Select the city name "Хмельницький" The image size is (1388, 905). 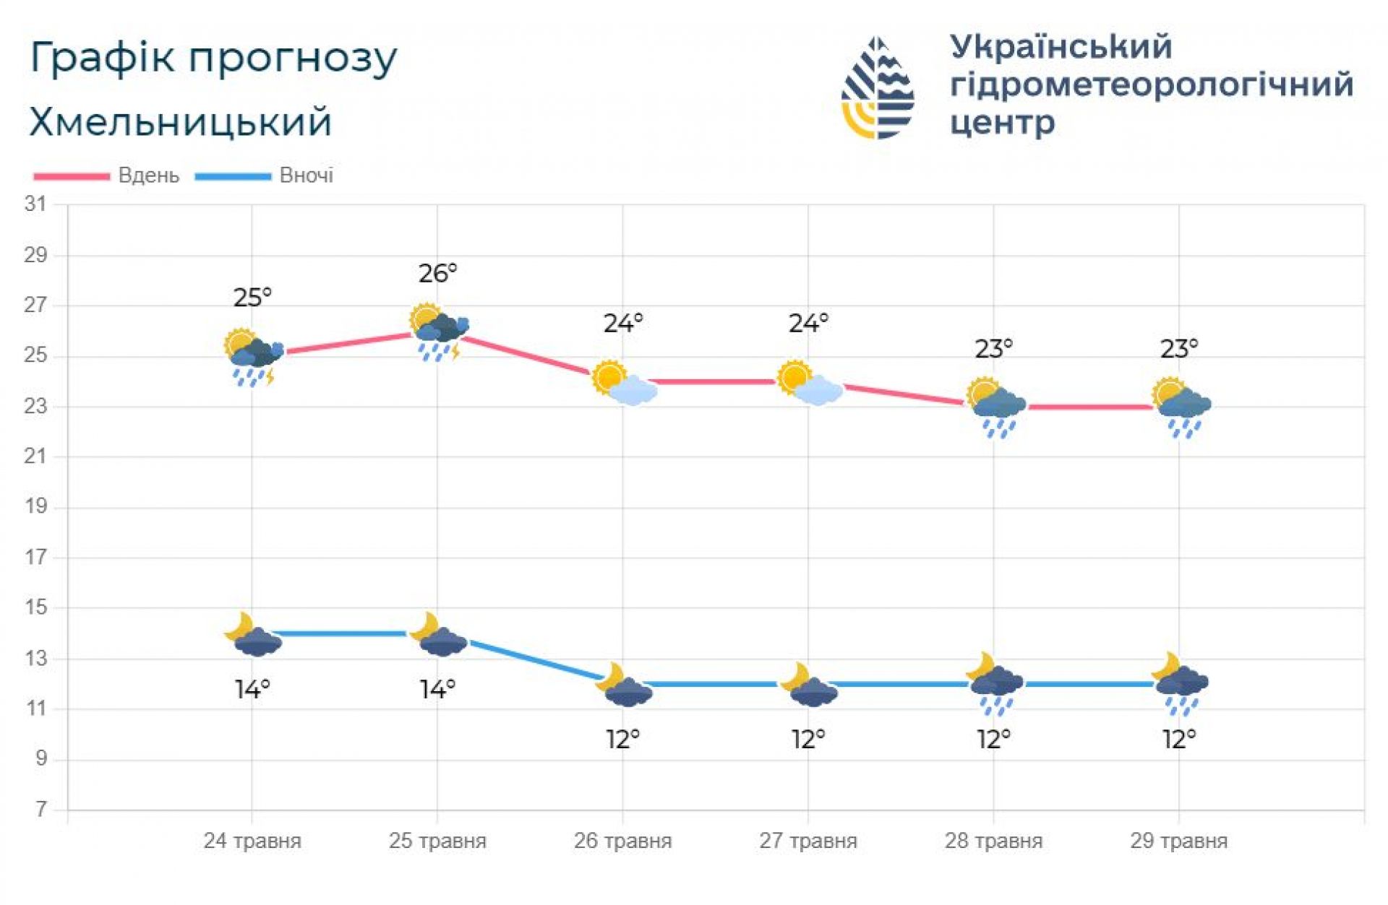[x=181, y=121]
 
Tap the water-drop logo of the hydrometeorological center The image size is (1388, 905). [x=878, y=88]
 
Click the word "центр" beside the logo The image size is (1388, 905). [x=1002, y=123]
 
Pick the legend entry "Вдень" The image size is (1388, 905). [x=148, y=176]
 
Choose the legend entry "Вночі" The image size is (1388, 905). [x=306, y=176]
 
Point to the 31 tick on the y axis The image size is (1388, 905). [x=35, y=204]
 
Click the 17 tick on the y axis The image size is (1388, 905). [x=35, y=558]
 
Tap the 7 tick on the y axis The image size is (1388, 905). [x=41, y=810]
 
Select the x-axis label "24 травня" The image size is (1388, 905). [x=252, y=841]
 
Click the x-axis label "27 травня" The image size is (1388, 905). [x=808, y=841]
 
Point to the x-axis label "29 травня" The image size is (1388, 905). [x=1179, y=841]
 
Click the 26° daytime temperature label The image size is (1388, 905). [x=438, y=274]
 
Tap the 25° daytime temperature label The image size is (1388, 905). [x=252, y=298]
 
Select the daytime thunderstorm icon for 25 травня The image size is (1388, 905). [x=438, y=332]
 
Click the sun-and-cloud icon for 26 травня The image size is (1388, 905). [x=624, y=382]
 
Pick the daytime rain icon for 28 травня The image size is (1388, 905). [x=995, y=407]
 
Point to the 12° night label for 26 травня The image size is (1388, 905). [x=623, y=740]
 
